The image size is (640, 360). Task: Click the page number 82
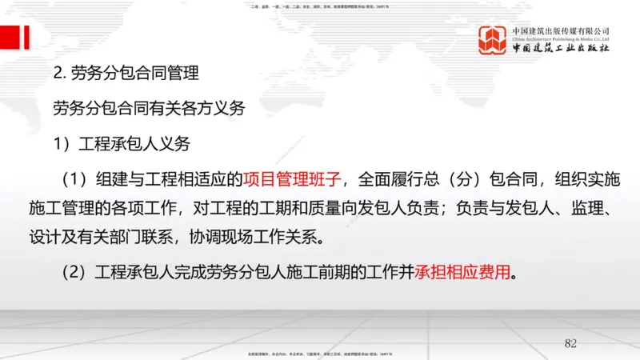click(570, 343)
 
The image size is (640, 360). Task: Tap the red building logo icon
click(494, 41)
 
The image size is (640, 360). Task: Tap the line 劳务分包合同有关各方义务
click(148, 108)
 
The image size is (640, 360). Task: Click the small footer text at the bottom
click(320, 353)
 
